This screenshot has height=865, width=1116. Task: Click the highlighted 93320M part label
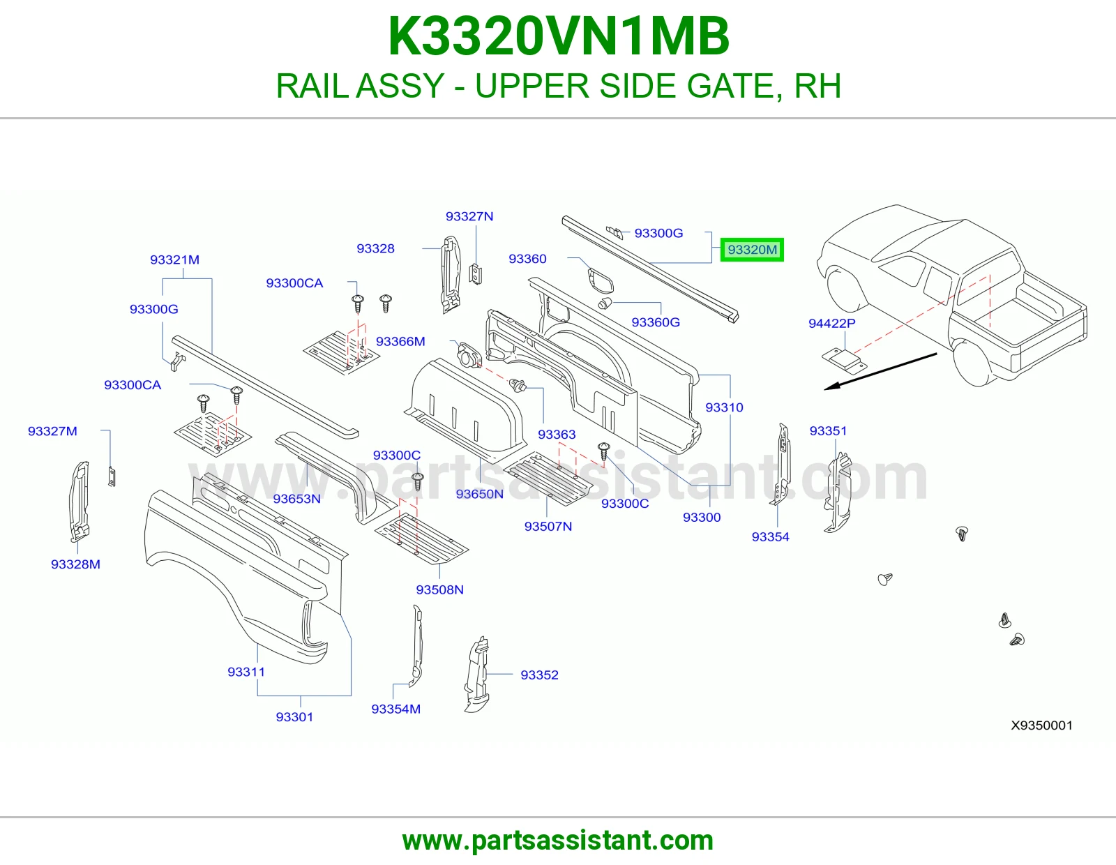pyautogui.click(x=752, y=250)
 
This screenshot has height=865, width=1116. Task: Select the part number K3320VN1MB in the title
pyautogui.click(x=558, y=36)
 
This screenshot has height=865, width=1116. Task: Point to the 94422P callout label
pyautogui.click(x=831, y=323)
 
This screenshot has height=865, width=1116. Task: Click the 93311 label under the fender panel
pyautogui.click(x=246, y=671)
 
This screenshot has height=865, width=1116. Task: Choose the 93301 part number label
pyautogui.click(x=294, y=716)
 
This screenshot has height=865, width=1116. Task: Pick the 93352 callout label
pyautogui.click(x=539, y=675)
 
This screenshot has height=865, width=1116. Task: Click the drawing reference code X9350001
pyautogui.click(x=1041, y=725)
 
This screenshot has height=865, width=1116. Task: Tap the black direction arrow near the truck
pyautogui.click(x=880, y=371)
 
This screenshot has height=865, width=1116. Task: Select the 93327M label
pyautogui.click(x=52, y=431)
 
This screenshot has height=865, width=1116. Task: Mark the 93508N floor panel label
pyautogui.click(x=439, y=589)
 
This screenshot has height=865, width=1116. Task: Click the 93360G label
pyautogui.click(x=656, y=322)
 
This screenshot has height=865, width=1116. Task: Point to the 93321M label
pyautogui.click(x=174, y=259)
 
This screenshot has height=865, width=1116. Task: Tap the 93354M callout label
pyautogui.click(x=396, y=709)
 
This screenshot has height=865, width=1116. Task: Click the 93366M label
pyautogui.click(x=400, y=341)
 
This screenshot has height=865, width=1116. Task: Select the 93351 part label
pyautogui.click(x=828, y=430)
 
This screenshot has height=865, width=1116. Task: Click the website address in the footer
pyautogui.click(x=558, y=841)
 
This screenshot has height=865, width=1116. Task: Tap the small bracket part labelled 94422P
pyautogui.click(x=844, y=361)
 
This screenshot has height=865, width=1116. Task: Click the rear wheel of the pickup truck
pyautogui.click(x=972, y=363)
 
